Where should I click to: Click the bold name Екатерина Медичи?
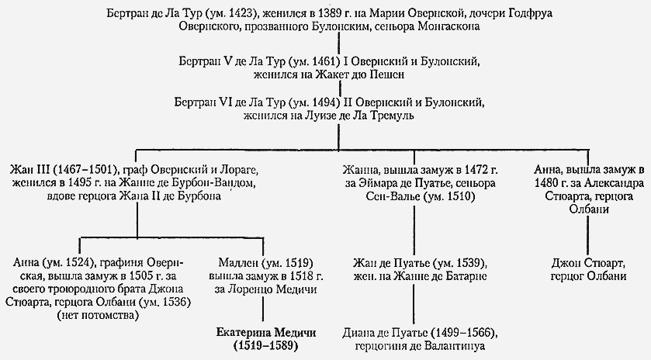(266, 333)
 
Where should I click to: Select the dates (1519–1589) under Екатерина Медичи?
(266, 346)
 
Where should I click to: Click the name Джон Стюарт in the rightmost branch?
(588, 263)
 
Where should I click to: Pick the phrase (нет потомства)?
(98, 316)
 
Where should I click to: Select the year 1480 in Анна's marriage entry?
(547, 182)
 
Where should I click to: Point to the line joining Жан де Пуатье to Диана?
(414, 303)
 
